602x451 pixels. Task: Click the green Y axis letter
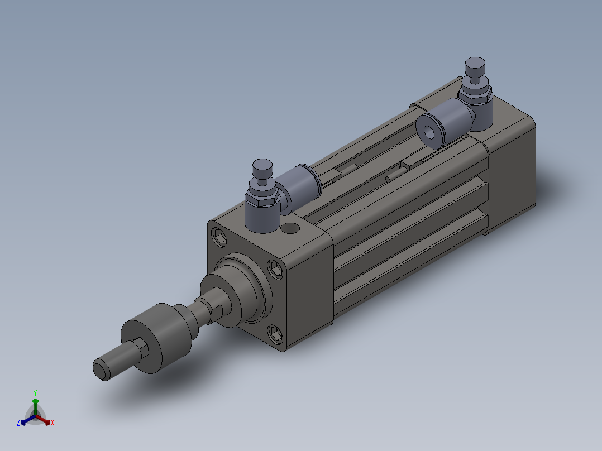tap(35, 392)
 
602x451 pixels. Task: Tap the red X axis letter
tap(52, 423)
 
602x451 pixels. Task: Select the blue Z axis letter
tap(18, 423)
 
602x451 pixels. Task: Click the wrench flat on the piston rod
tap(216, 313)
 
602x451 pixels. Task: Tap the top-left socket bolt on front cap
tap(219, 237)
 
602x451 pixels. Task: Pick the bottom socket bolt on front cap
tap(275, 333)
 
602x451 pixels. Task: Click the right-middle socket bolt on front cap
tap(275, 268)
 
